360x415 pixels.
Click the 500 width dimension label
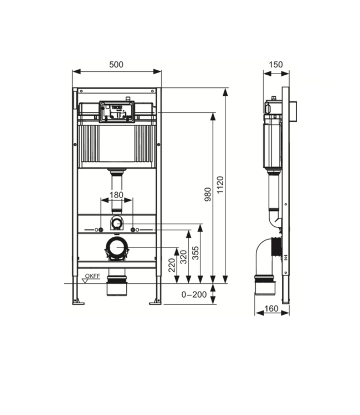point(116,64)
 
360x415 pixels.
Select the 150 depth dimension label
point(275,64)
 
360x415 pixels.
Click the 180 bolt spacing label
point(116,195)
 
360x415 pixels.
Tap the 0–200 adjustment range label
point(194,294)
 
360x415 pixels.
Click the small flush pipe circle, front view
point(116,224)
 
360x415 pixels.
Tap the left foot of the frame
point(78,301)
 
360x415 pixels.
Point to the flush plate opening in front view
point(116,108)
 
